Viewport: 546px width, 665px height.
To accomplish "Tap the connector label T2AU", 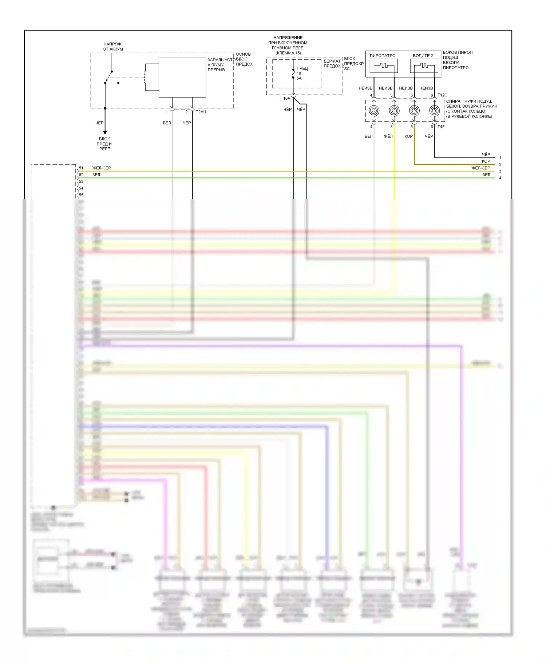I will (201, 112).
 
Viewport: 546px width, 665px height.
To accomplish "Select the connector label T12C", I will (442, 95).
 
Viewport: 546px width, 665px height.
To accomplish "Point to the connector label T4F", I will (441, 127).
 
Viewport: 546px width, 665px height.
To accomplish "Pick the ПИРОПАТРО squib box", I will (384, 66).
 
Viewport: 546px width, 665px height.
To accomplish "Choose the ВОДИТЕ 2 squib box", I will (424, 66).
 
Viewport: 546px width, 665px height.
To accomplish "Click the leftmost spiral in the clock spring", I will (373, 110).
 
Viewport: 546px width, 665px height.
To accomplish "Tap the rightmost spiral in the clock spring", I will (434, 110).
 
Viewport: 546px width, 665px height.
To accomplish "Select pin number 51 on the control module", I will (81, 168).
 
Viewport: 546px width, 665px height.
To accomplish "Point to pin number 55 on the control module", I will (81, 195).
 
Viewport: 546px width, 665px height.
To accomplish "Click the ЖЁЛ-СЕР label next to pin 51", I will (102, 168).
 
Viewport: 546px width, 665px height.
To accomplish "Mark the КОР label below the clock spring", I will (408, 136).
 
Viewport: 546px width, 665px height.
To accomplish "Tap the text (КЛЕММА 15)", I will (288, 53).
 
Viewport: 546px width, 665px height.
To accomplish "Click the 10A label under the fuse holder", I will (287, 99).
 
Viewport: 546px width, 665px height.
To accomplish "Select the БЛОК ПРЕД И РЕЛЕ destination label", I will (104, 144).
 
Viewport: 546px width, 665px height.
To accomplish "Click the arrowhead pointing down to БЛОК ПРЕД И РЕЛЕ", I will (105, 133).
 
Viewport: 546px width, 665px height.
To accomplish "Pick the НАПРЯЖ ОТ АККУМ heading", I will (113, 47).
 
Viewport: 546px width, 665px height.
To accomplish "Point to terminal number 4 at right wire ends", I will (500, 178).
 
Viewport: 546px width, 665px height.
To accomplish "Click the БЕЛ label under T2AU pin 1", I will (167, 123).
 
